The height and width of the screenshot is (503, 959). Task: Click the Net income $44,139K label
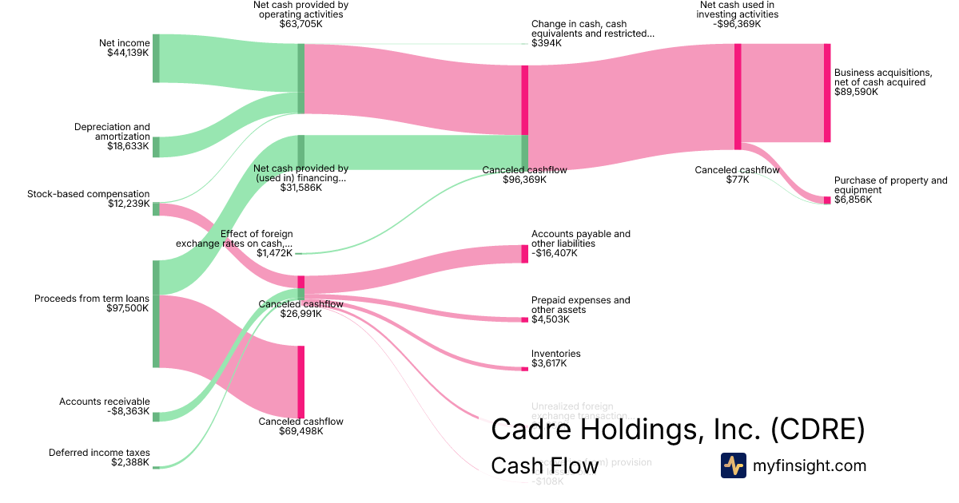124,48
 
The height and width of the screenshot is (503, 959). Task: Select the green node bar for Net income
156,58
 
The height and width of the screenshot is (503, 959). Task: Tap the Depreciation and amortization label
112,137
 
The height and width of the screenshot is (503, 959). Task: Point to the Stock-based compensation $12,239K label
89,199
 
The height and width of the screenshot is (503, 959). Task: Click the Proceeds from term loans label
92,303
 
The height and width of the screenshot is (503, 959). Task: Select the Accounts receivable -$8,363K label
105,407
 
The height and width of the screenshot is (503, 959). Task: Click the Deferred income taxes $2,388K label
99,457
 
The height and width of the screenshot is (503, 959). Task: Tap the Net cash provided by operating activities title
300,14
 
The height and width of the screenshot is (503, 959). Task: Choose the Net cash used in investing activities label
737,14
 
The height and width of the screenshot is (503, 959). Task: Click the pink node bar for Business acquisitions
827,93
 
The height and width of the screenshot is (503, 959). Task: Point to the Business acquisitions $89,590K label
882,82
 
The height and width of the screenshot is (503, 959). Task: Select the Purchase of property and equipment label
890,190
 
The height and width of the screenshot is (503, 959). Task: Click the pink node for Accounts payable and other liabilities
524,254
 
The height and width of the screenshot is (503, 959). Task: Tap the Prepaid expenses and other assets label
580,310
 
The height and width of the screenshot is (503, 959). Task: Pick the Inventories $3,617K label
555,358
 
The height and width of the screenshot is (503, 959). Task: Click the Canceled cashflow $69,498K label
300,426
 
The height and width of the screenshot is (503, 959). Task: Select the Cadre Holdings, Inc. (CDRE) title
678,429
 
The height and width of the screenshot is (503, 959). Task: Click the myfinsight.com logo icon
733,465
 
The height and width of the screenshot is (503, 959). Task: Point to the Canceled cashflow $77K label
736,175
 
